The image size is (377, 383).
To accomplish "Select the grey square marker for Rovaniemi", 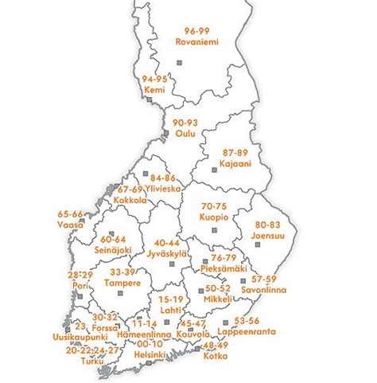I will coord(177,63).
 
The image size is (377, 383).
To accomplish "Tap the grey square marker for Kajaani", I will coord(213,170).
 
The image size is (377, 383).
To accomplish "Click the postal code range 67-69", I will coord(130,190).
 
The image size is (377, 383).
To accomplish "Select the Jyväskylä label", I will coord(166,253).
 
